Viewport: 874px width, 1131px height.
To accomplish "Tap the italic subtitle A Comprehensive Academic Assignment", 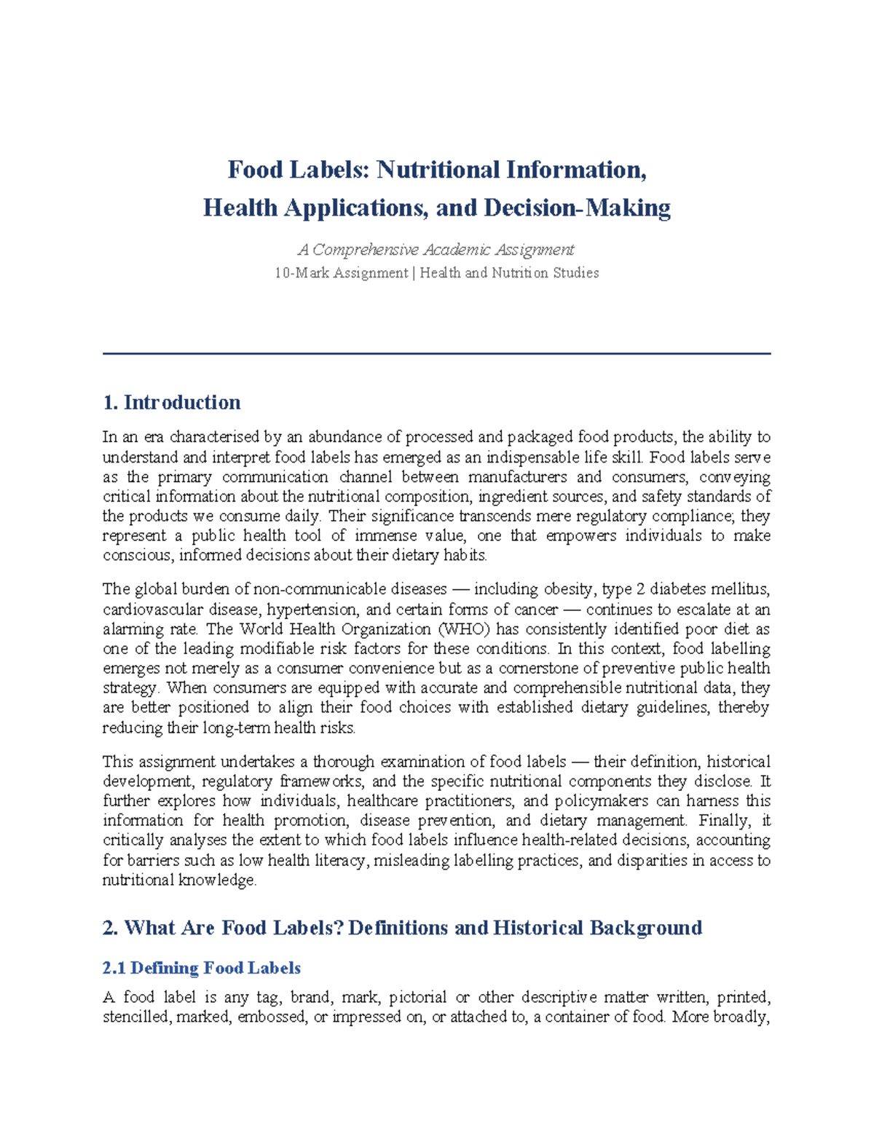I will [436, 250].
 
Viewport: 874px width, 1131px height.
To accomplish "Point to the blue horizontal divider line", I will [436, 354].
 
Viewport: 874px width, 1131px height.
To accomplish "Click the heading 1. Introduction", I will [172, 403].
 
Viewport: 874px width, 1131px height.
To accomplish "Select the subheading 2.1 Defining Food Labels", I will [202, 968].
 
